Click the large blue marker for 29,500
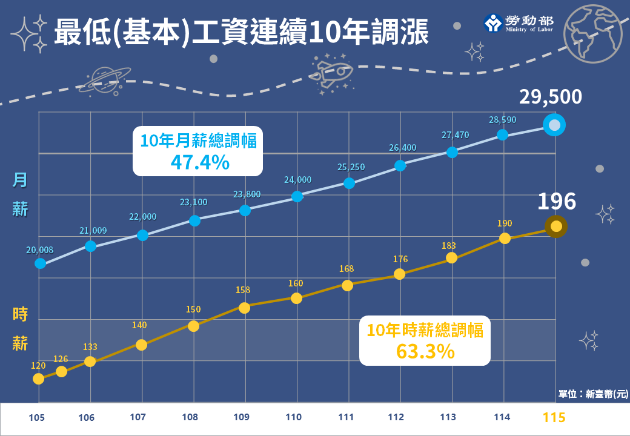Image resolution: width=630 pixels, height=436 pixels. [x=554, y=126]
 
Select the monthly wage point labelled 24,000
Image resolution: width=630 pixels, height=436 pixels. [x=297, y=196]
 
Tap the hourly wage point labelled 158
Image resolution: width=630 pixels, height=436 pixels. [x=244, y=308]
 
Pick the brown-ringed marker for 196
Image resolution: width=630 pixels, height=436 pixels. [x=556, y=226]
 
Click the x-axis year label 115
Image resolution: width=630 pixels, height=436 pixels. [x=554, y=417]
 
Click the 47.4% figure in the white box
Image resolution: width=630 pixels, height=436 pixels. [x=199, y=162]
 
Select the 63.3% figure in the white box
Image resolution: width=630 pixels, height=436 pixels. [x=425, y=351]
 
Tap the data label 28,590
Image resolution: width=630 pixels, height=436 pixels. [x=502, y=120]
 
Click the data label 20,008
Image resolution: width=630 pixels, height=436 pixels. [x=39, y=249]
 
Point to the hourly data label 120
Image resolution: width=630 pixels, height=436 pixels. [x=39, y=366]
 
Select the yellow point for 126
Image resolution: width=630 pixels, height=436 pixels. [x=61, y=371]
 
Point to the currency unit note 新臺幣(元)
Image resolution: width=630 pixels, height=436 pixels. [x=592, y=394]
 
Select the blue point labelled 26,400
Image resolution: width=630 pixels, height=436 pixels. [x=400, y=165]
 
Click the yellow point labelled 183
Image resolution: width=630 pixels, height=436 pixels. [x=451, y=258]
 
